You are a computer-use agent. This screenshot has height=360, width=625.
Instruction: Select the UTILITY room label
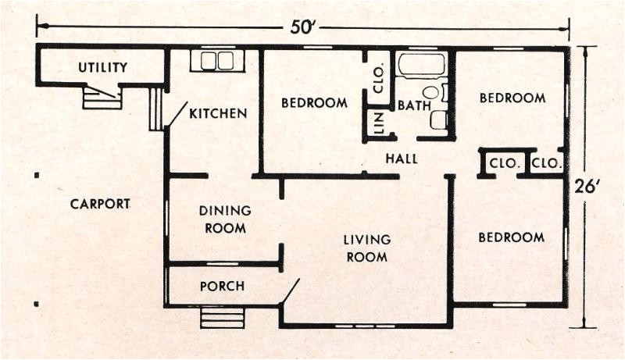click(102, 67)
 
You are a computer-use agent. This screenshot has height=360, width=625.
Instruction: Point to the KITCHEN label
click(218, 113)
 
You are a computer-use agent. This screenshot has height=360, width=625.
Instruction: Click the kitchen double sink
click(218, 61)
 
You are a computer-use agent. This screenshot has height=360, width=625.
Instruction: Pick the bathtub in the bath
click(421, 64)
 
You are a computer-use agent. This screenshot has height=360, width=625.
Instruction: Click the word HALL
click(402, 159)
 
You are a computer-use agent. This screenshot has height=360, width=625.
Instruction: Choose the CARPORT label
click(100, 204)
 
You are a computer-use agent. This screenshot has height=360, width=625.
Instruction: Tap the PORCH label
click(222, 286)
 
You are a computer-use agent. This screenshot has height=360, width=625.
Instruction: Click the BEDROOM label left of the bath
click(314, 102)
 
